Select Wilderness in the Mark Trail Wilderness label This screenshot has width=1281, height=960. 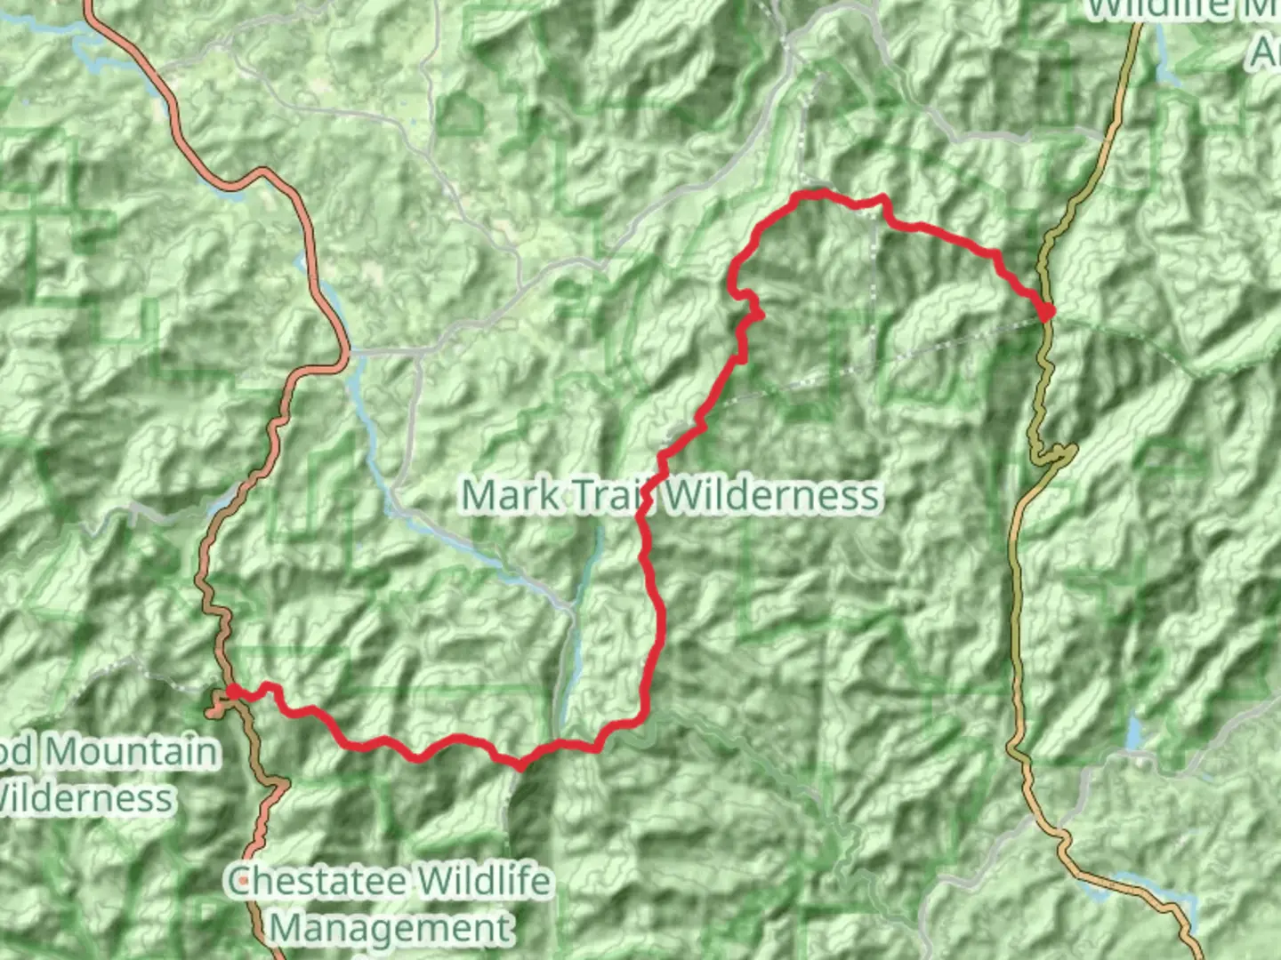click(x=773, y=494)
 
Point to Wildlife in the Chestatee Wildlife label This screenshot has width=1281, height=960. click(x=484, y=882)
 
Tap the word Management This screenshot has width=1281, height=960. click(x=391, y=928)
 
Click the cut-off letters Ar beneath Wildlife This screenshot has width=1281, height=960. click(x=1265, y=53)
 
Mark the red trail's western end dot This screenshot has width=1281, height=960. click(x=232, y=691)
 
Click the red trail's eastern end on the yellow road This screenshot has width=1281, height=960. click(x=1047, y=311)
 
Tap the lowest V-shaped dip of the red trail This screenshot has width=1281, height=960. click(x=520, y=764)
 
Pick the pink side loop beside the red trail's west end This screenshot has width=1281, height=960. click(x=217, y=709)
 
